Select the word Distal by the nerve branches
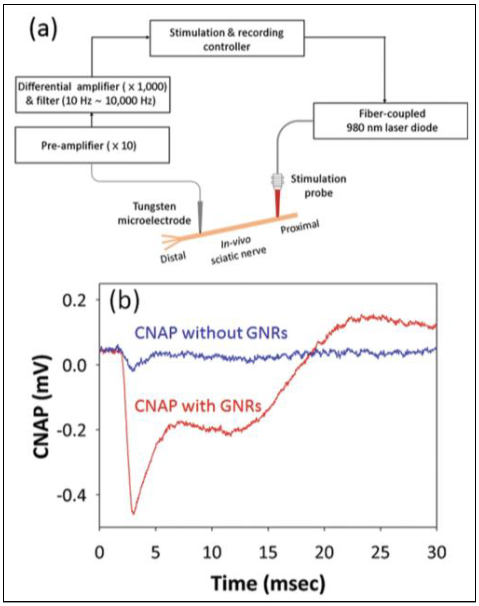173,257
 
